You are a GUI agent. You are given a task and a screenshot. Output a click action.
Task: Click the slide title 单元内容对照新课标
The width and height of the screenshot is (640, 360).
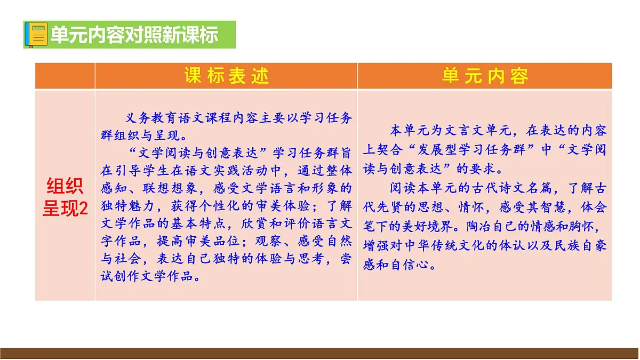tap(134, 35)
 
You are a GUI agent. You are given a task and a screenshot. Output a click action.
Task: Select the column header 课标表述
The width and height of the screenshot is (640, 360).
tap(227, 76)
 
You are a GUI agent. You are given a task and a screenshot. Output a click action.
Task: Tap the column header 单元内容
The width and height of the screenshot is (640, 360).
tap(485, 76)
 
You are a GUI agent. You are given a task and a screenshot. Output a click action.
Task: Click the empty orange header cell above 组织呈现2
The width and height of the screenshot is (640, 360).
tap(65, 76)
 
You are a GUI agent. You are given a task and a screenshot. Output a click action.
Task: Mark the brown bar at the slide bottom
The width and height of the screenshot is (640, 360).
tap(320, 353)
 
